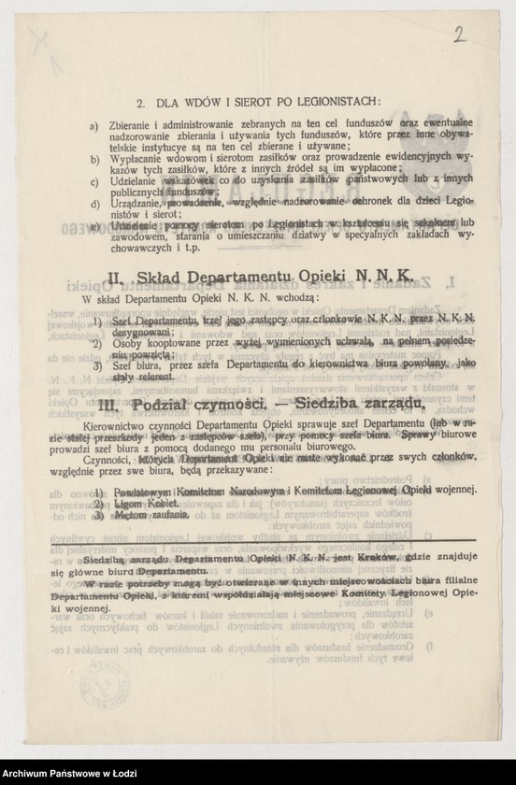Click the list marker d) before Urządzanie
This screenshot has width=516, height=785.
(x=93, y=204)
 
